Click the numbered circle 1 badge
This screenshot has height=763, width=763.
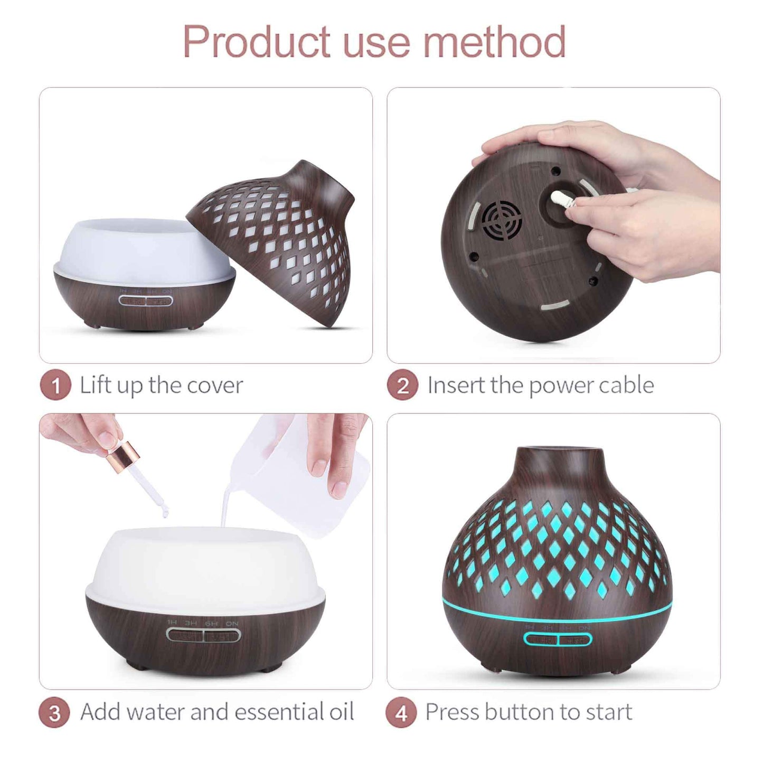55,385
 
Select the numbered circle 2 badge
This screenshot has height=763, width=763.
403,385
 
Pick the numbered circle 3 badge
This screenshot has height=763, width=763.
54,713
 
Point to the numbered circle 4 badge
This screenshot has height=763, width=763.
402,713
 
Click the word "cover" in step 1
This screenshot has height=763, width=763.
215,385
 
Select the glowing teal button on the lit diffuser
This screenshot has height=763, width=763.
558,639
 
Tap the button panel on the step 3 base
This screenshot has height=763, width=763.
203,634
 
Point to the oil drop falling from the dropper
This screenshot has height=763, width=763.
165,511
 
